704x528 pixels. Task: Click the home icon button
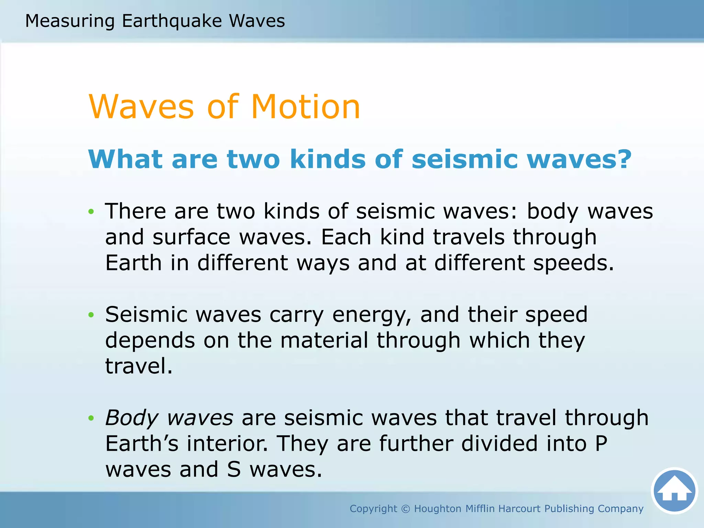pyautogui.click(x=674, y=491)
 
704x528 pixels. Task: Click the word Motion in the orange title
pyautogui.click(x=306, y=107)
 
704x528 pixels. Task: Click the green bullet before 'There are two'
pyautogui.click(x=91, y=211)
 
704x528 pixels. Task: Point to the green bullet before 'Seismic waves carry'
pyautogui.click(x=91, y=315)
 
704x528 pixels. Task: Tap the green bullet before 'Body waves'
pyautogui.click(x=91, y=418)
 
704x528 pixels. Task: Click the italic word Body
pyautogui.click(x=131, y=418)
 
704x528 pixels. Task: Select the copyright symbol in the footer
pyautogui.click(x=406, y=509)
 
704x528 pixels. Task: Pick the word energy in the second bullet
pyautogui.click(x=372, y=315)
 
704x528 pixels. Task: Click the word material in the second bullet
pyautogui.click(x=324, y=340)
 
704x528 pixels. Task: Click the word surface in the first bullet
pyautogui.click(x=191, y=237)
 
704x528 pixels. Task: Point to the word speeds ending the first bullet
pyautogui.click(x=573, y=263)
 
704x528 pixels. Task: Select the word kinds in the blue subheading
pyautogui.click(x=328, y=159)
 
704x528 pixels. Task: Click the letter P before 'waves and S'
pyautogui.click(x=601, y=443)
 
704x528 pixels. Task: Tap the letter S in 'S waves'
pyautogui.click(x=234, y=470)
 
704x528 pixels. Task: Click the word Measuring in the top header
pyautogui.click(x=70, y=21)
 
